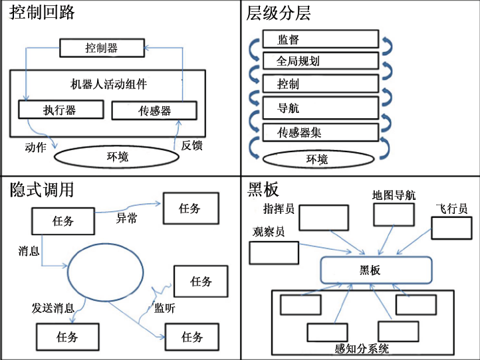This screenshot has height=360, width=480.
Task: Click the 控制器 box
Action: [x=102, y=48]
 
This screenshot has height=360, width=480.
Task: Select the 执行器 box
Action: [x=61, y=110]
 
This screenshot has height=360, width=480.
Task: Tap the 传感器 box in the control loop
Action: [x=154, y=110]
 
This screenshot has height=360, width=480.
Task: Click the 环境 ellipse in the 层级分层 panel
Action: [x=316, y=159]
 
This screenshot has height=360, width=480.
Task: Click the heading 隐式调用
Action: [x=41, y=190]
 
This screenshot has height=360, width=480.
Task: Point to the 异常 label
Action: [x=127, y=217]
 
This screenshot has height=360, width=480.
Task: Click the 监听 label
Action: [x=165, y=308]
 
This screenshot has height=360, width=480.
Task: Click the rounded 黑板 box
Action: [x=376, y=270]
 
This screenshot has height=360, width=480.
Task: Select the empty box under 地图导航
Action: [x=394, y=215]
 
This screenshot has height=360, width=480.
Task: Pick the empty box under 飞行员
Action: [x=451, y=228]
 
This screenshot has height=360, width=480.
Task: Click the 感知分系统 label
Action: [x=362, y=348]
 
